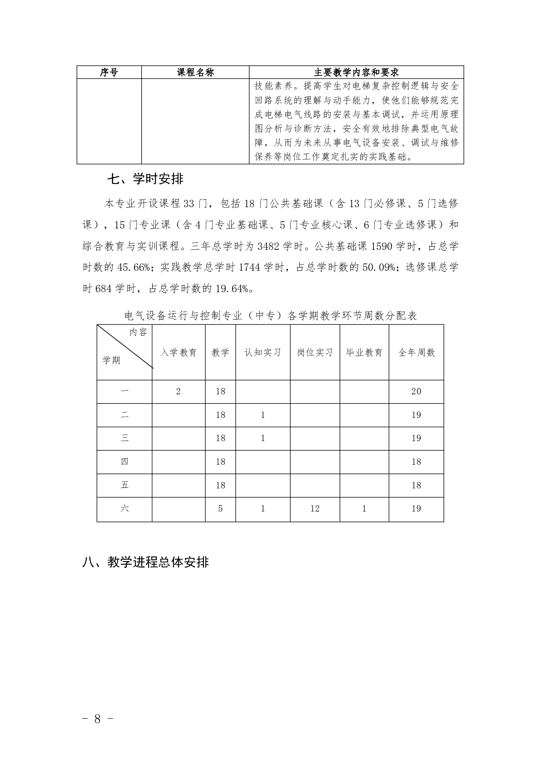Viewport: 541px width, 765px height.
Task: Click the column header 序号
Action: coord(109,72)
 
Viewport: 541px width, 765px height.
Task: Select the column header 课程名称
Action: coord(195,72)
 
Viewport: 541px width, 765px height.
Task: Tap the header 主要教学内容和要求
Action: coord(356,72)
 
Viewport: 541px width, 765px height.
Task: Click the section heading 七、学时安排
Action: coord(145,179)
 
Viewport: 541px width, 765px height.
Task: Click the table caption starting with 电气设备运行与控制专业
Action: coord(270,316)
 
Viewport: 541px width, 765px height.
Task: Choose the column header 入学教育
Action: coord(179,353)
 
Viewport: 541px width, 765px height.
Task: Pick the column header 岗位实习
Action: coord(315,353)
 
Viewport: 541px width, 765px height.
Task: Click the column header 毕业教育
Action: coord(364,353)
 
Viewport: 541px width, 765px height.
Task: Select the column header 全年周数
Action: coord(416,353)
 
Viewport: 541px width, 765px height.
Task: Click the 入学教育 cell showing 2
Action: coord(178,392)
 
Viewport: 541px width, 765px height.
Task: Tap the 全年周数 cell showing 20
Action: coord(416,392)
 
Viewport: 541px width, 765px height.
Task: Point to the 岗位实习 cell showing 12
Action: coord(315,509)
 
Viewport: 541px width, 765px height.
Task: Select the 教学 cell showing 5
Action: coord(220,509)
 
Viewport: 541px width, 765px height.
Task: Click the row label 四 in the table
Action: coord(124,462)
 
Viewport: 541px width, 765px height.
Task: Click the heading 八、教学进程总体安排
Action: coord(146,562)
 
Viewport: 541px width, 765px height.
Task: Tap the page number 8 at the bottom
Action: coord(97,719)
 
